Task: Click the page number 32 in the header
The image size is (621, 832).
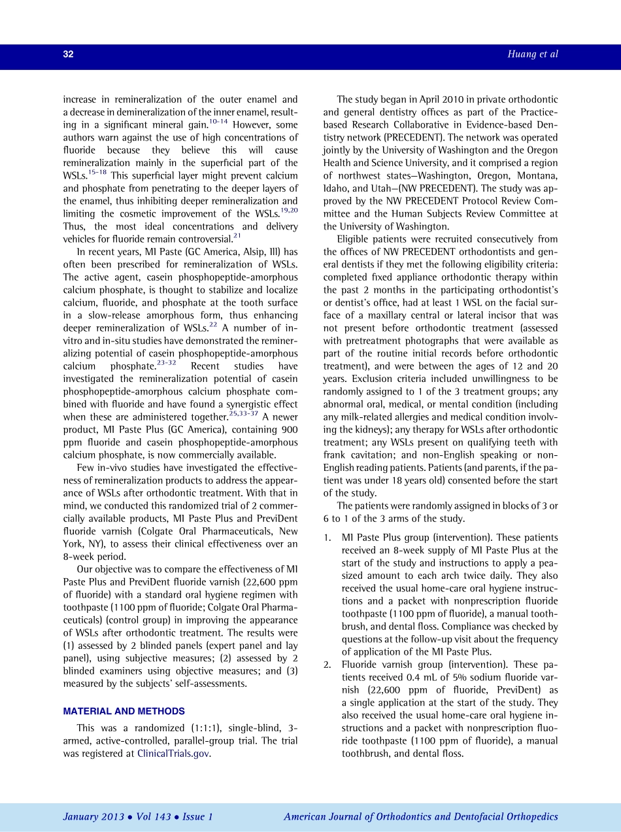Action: [68, 55]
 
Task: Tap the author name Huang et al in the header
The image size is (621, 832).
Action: [533, 54]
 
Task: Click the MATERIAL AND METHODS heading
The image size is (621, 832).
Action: [124, 711]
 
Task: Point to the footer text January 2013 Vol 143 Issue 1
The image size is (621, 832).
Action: [138, 817]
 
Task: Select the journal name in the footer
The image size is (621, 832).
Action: [421, 817]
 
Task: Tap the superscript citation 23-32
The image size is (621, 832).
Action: [167, 362]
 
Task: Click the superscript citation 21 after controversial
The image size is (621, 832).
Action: [237, 235]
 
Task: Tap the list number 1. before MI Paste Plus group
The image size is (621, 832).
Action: [327, 538]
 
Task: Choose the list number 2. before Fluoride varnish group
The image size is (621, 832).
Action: [327, 665]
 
